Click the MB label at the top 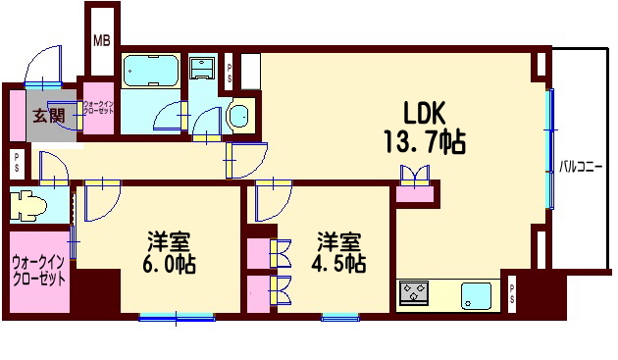click(x=101, y=40)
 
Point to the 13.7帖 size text click(x=424, y=144)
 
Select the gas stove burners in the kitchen click(x=413, y=292)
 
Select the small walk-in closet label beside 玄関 click(x=99, y=108)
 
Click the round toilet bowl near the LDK click(x=238, y=117)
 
